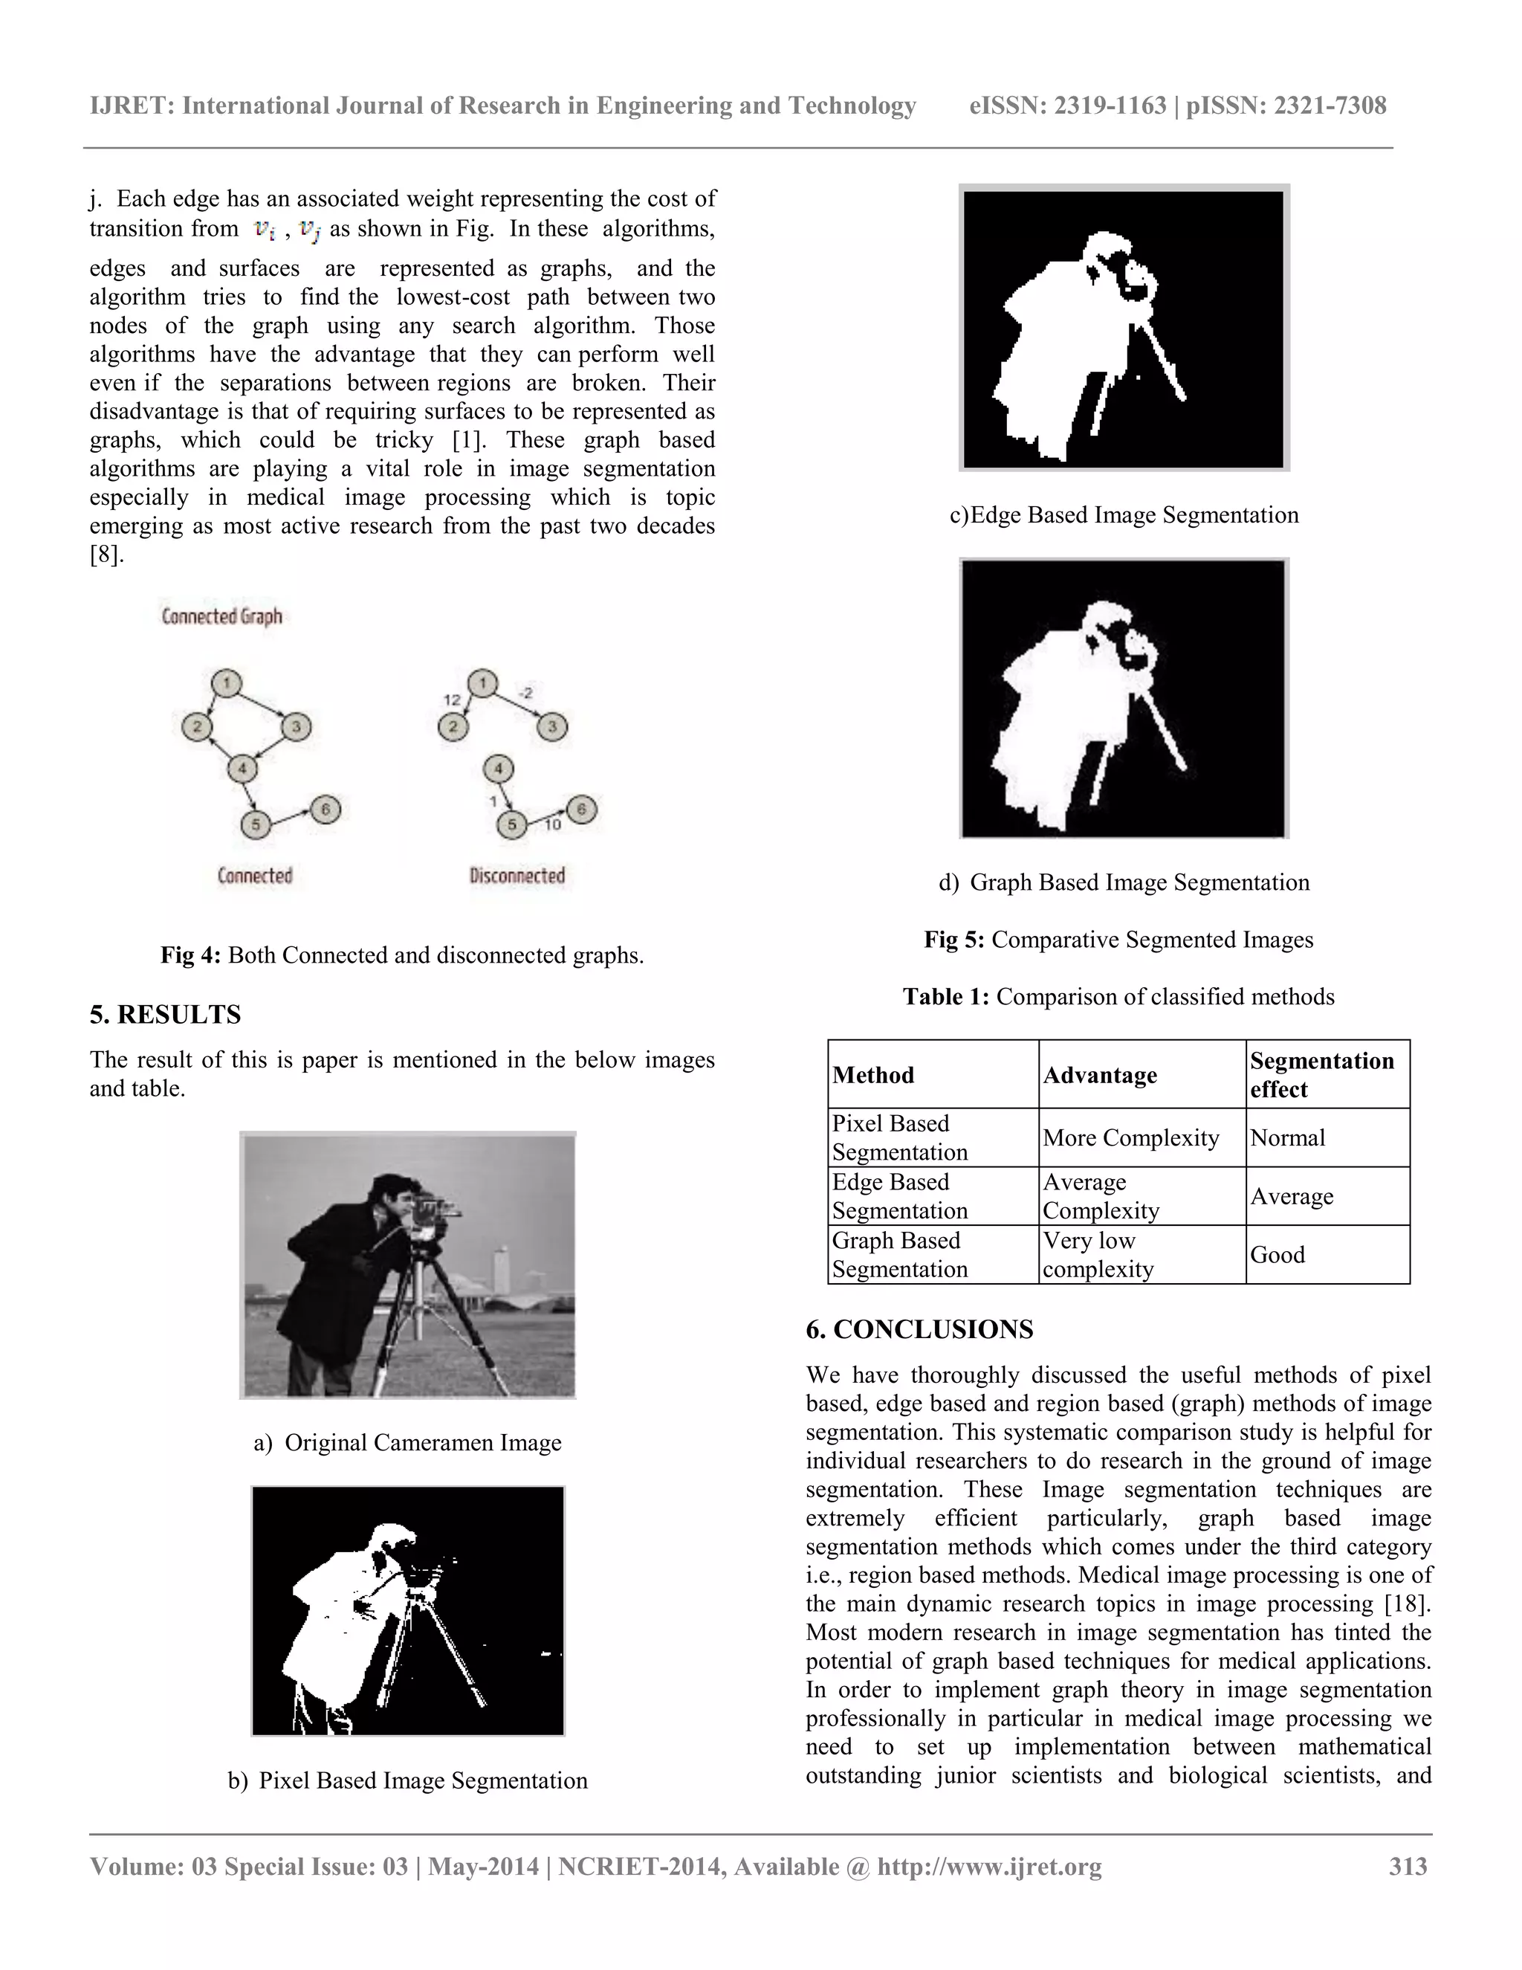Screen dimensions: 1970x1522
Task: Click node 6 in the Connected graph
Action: point(326,808)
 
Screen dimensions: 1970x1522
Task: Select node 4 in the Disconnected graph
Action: point(499,769)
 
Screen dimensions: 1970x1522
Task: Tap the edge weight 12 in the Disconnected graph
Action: point(452,699)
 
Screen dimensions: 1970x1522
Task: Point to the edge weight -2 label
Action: point(525,693)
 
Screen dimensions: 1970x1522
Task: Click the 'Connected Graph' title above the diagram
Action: point(221,616)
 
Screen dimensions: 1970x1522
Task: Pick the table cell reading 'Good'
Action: point(1277,1255)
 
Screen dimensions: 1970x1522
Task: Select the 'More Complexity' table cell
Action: point(1130,1137)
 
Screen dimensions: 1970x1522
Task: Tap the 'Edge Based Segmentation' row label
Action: point(899,1196)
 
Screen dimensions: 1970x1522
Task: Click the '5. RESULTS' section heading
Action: point(165,1015)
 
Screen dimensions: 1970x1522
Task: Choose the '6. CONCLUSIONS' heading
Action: point(920,1330)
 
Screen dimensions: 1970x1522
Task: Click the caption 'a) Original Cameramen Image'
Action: point(407,1442)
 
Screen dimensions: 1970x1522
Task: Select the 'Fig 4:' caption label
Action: point(190,955)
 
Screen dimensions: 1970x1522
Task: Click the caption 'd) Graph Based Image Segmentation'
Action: point(1124,882)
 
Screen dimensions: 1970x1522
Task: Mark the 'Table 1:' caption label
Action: point(946,997)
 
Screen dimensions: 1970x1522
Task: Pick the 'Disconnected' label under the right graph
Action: point(516,875)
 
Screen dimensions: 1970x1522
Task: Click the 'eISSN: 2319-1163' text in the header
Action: point(1068,106)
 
